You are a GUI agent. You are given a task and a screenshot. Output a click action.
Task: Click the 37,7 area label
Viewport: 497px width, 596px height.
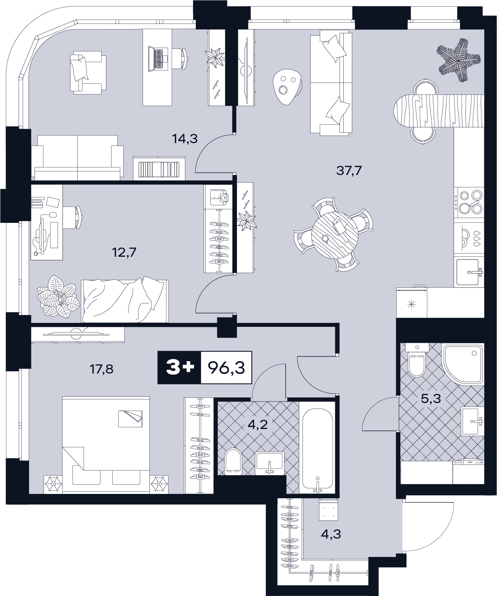coord(349,171)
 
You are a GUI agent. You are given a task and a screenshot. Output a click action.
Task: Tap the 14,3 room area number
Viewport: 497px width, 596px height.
coord(185,139)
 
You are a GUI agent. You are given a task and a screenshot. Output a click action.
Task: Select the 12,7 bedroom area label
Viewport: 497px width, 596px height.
coord(124,252)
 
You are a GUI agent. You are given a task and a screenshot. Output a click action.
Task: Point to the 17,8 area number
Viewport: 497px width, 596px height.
coord(102,369)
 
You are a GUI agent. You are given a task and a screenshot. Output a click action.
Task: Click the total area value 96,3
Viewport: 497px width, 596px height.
coord(227,368)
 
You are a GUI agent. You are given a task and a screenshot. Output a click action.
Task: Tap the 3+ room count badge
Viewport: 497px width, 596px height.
coord(180,368)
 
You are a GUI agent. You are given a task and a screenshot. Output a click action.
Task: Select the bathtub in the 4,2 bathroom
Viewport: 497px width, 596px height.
coord(317,447)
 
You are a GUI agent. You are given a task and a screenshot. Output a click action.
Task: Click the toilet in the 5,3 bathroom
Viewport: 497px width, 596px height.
coord(417,360)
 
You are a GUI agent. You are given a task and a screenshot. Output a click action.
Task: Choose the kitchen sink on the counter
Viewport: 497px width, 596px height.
coord(469,272)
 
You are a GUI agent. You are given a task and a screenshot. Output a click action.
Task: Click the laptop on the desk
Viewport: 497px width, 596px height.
coord(158,58)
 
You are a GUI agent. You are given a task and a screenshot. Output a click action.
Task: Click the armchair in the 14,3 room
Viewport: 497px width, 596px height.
coord(88,73)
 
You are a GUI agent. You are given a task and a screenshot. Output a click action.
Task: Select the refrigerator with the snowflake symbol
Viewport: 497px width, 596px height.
coord(412,303)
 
